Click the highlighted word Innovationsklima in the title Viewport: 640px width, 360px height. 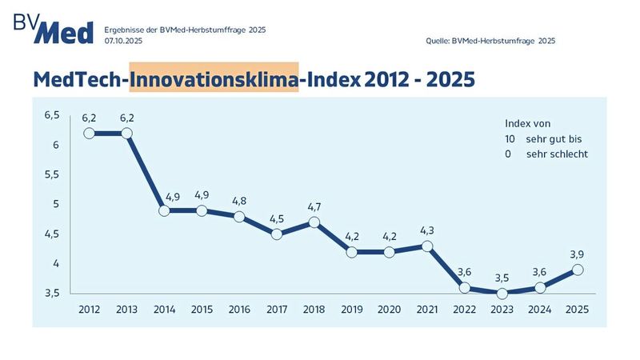214,79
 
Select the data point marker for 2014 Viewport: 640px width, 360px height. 164,211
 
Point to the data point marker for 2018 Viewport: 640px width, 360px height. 314,222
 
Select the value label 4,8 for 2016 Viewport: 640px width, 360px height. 239,201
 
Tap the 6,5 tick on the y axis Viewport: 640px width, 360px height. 52,115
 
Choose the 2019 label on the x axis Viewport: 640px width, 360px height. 352,309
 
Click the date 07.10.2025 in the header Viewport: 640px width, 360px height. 125,40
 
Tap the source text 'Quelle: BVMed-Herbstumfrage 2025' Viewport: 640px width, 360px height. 491,40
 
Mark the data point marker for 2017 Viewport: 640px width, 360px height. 277,234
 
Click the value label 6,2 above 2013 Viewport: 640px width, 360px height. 126,118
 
